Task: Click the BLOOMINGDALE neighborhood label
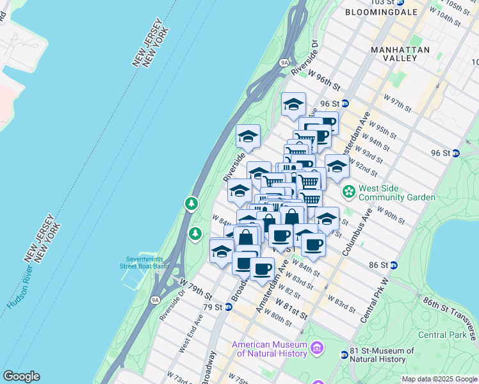[x=381, y=12]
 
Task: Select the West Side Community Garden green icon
[x=349, y=190]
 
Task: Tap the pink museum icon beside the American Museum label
[x=317, y=348]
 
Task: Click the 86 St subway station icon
[x=394, y=264]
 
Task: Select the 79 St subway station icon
[x=229, y=307]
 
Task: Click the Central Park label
[x=442, y=335]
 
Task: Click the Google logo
[x=21, y=376]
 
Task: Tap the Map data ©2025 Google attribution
[x=439, y=379]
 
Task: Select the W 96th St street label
[x=323, y=80]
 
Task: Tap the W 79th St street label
[x=195, y=287]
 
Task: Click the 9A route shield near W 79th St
[x=155, y=299]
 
